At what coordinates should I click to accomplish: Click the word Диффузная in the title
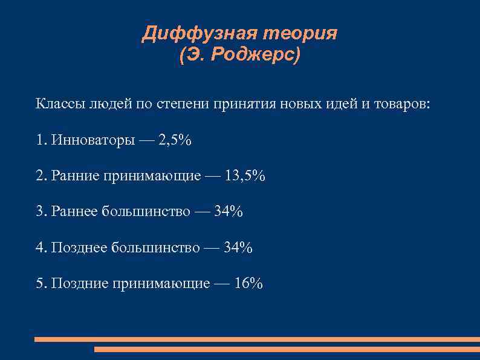pyautogui.click(x=192, y=33)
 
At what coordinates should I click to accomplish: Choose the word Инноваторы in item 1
pyautogui.click(x=93, y=140)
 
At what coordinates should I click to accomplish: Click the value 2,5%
pyautogui.click(x=175, y=140)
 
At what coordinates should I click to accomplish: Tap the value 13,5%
pyautogui.click(x=245, y=176)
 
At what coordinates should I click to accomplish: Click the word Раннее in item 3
pyautogui.click(x=75, y=212)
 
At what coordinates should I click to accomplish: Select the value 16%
pyautogui.click(x=248, y=283)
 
